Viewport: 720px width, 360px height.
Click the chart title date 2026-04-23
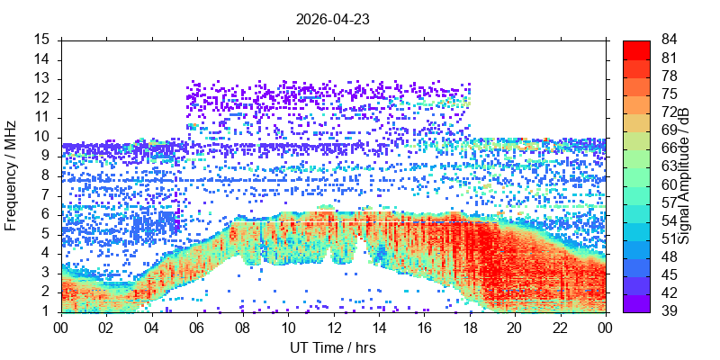point(333,19)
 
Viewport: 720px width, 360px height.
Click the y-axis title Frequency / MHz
point(10,175)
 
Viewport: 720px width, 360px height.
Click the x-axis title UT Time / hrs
point(333,347)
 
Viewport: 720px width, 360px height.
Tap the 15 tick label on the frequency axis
point(43,40)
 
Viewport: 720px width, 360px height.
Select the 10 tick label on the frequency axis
point(43,138)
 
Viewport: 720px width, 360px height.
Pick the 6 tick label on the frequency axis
point(48,215)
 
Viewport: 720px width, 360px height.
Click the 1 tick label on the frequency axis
point(48,312)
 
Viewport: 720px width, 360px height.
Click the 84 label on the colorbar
point(669,40)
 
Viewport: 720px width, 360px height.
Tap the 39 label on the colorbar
point(669,311)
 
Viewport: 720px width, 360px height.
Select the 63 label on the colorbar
point(669,167)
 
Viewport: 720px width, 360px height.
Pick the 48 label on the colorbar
point(669,257)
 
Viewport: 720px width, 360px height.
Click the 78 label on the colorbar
point(669,76)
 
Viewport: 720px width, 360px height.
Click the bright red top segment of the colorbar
point(636,49)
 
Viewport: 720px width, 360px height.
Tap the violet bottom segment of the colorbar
point(636,303)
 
